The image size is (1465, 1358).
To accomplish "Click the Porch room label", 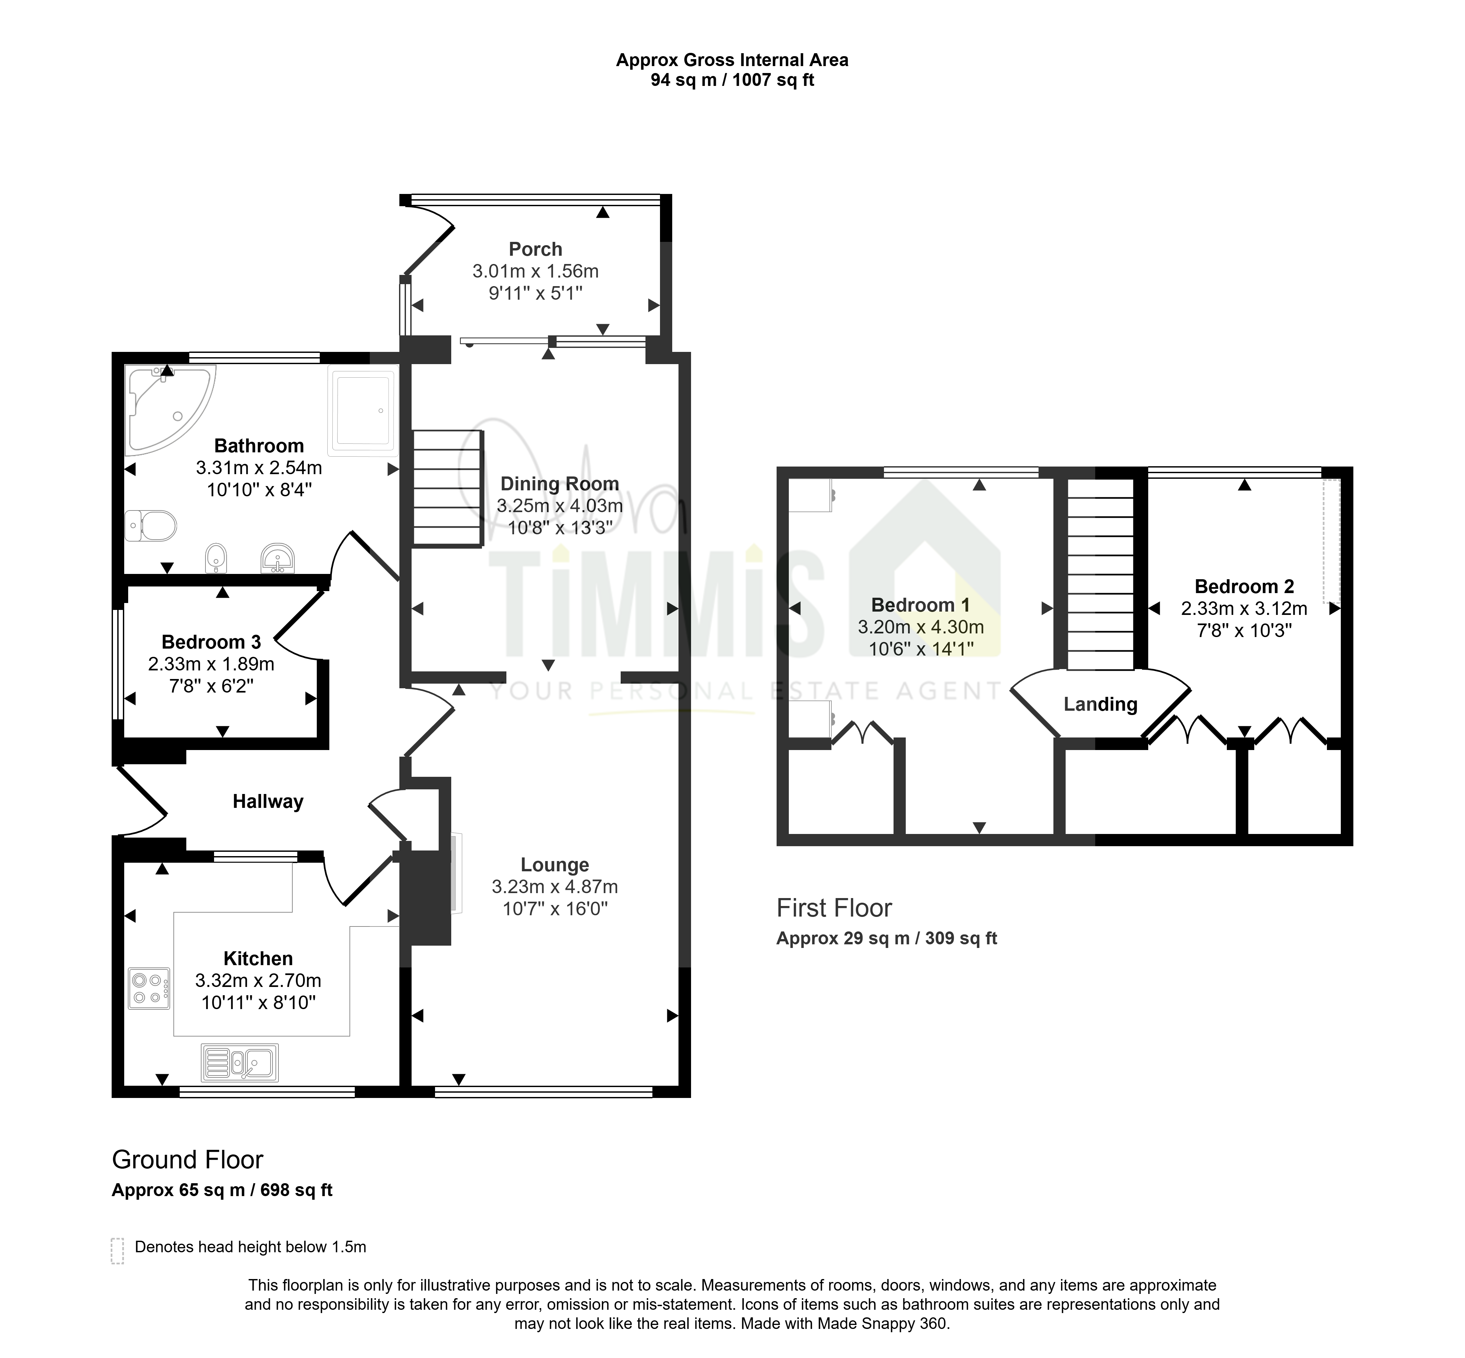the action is click(x=535, y=249).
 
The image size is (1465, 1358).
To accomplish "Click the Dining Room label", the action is click(x=560, y=483).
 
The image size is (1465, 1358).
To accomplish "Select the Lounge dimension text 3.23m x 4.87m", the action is click(x=555, y=887).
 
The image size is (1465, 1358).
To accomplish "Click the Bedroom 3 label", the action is click(x=212, y=642).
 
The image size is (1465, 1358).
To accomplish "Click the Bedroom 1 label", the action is click(x=921, y=605).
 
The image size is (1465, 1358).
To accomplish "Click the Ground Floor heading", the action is click(x=187, y=1160).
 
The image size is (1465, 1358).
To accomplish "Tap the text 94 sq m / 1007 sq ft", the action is click(x=733, y=80).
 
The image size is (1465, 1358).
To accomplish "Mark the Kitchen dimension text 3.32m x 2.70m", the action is click(x=259, y=980).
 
